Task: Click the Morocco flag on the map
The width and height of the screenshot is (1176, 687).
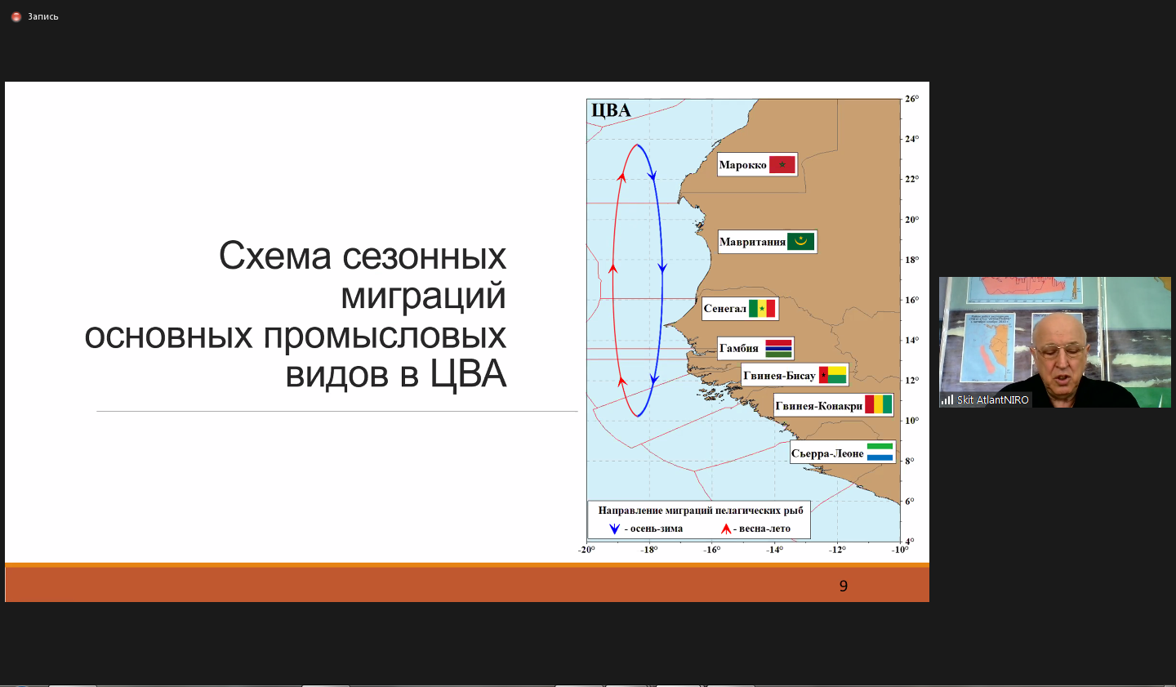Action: pyautogui.click(x=782, y=164)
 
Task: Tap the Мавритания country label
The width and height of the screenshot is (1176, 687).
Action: pyautogui.click(x=752, y=242)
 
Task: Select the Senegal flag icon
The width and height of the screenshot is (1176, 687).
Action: pyautogui.click(x=762, y=308)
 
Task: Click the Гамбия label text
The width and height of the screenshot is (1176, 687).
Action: pyautogui.click(x=738, y=348)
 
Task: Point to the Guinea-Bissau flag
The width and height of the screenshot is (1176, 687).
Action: pyautogui.click(x=833, y=375)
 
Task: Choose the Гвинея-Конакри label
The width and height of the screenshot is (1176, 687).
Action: pyautogui.click(x=819, y=406)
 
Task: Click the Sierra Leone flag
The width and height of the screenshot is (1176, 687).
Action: pyautogui.click(x=880, y=453)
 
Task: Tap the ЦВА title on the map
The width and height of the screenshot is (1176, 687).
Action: pyautogui.click(x=611, y=110)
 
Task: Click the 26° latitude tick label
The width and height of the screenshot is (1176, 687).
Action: pyautogui.click(x=912, y=99)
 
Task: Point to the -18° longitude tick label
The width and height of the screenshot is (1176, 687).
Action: pyautogui.click(x=649, y=550)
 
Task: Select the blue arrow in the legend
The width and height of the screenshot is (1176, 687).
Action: pyautogui.click(x=614, y=529)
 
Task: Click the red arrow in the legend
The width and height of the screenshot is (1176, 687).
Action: pyautogui.click(x=726, y=529)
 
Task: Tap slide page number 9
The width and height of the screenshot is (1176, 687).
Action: pyautogui.click(x=843, y=586)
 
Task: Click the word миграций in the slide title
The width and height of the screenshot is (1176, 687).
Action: pyautogui.click(x=423, y=296)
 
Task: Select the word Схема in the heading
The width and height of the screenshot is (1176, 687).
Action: pyautogui.click(x=274, y=257)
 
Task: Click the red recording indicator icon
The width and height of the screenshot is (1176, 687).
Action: pyautogui.click(x=16, y=17)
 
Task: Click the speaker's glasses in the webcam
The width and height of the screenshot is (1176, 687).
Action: pyautogui.click(x=1059, y=350)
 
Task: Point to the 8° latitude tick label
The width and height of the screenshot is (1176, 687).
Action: pyautogui.click(x=910, y=461)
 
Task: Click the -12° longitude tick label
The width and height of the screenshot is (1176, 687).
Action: pyautogui.click(x=837, y=550)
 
